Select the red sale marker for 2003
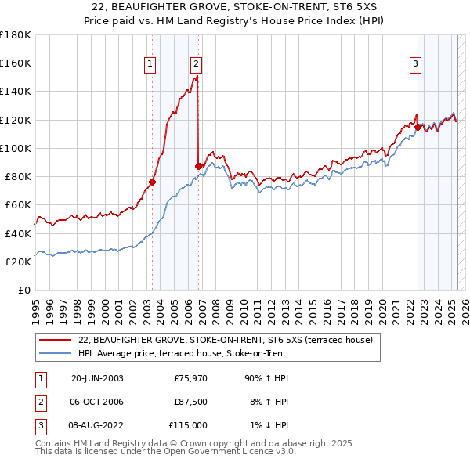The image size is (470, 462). [x=153, y=182]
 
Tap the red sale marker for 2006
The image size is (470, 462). [x=198, y=166]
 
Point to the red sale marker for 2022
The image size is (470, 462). [x=418, y=126]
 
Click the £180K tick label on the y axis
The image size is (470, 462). [x=16, y=35]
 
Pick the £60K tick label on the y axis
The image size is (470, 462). [x=18, y=205]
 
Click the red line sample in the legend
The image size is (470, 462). [x=56, y=340]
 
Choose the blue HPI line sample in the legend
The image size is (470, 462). [x=56, y=353]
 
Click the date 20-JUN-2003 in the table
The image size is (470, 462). [x=97, y=378]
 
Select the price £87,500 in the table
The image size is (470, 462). [x=190, y=402]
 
